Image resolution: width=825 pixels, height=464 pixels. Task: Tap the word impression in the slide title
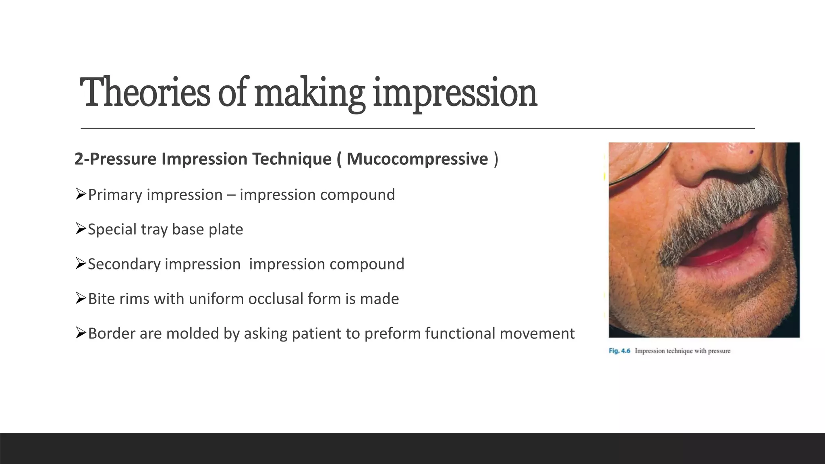click(455, 93)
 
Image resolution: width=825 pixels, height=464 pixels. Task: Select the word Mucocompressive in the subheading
click(417, 159)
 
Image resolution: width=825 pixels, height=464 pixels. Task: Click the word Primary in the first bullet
click(115, 195)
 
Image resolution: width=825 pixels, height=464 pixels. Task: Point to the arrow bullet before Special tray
click(81, 229)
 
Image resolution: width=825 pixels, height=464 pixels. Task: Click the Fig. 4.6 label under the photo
click(619, 351)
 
